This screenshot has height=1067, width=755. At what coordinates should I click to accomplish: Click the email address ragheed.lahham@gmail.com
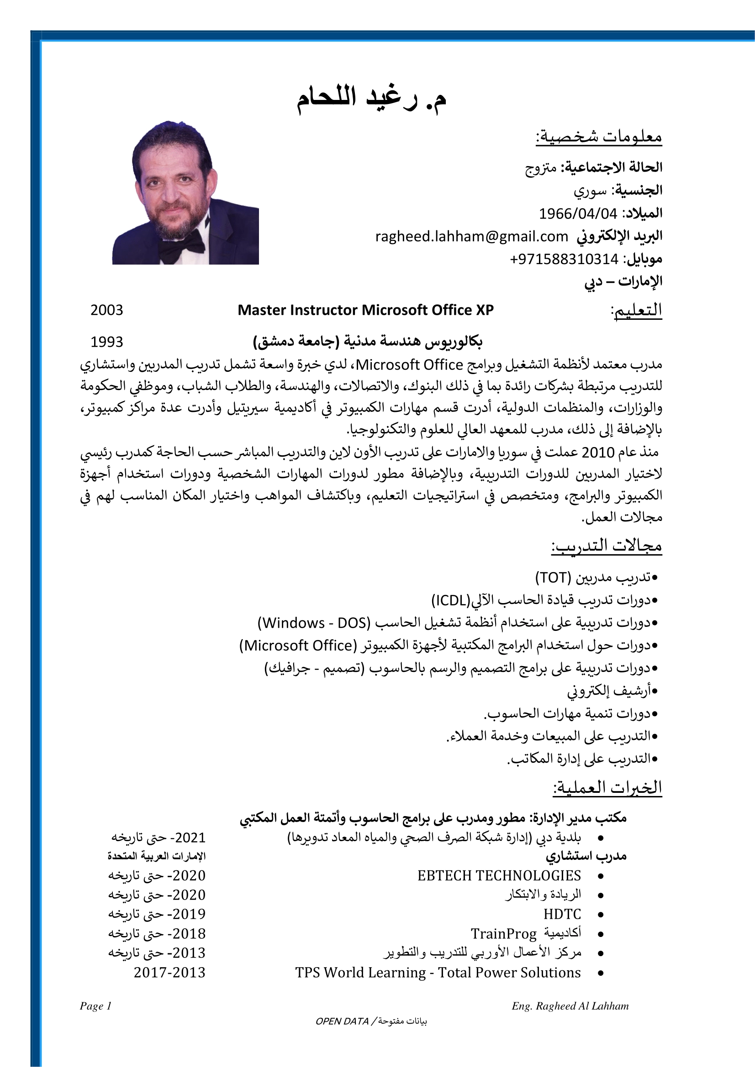(x=471, y=237)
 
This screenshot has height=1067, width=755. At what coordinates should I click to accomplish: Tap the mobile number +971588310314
(x=564, y=259)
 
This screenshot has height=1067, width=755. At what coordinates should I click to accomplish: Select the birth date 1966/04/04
(x=578, y=214)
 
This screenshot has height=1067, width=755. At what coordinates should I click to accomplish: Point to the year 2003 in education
(x=106, y=310)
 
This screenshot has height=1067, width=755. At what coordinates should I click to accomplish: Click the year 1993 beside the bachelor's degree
(x=106, y=342)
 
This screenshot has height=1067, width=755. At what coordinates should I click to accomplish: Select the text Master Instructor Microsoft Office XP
(x=365, y=310)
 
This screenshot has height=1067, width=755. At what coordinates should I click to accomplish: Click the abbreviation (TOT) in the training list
(x=553, y=578)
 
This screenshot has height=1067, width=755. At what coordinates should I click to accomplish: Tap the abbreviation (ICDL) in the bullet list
(x=451, y=600)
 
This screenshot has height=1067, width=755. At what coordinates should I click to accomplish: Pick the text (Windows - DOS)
(x=314, y=623)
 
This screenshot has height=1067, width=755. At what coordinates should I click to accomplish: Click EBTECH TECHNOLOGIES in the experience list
(x=499, y=875)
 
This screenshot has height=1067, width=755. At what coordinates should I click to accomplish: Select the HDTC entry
(x=562, y=914)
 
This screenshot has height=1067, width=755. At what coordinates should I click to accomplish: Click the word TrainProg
(x=503, y=934)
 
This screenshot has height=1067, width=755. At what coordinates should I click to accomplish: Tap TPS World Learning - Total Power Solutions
(x=438, y=972)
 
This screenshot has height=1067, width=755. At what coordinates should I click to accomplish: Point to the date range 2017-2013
(x=169, y=972)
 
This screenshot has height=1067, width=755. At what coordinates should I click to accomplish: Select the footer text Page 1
(x=95, y=1006)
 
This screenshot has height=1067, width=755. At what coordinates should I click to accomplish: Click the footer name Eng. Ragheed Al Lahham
(x=570, y=1006)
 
